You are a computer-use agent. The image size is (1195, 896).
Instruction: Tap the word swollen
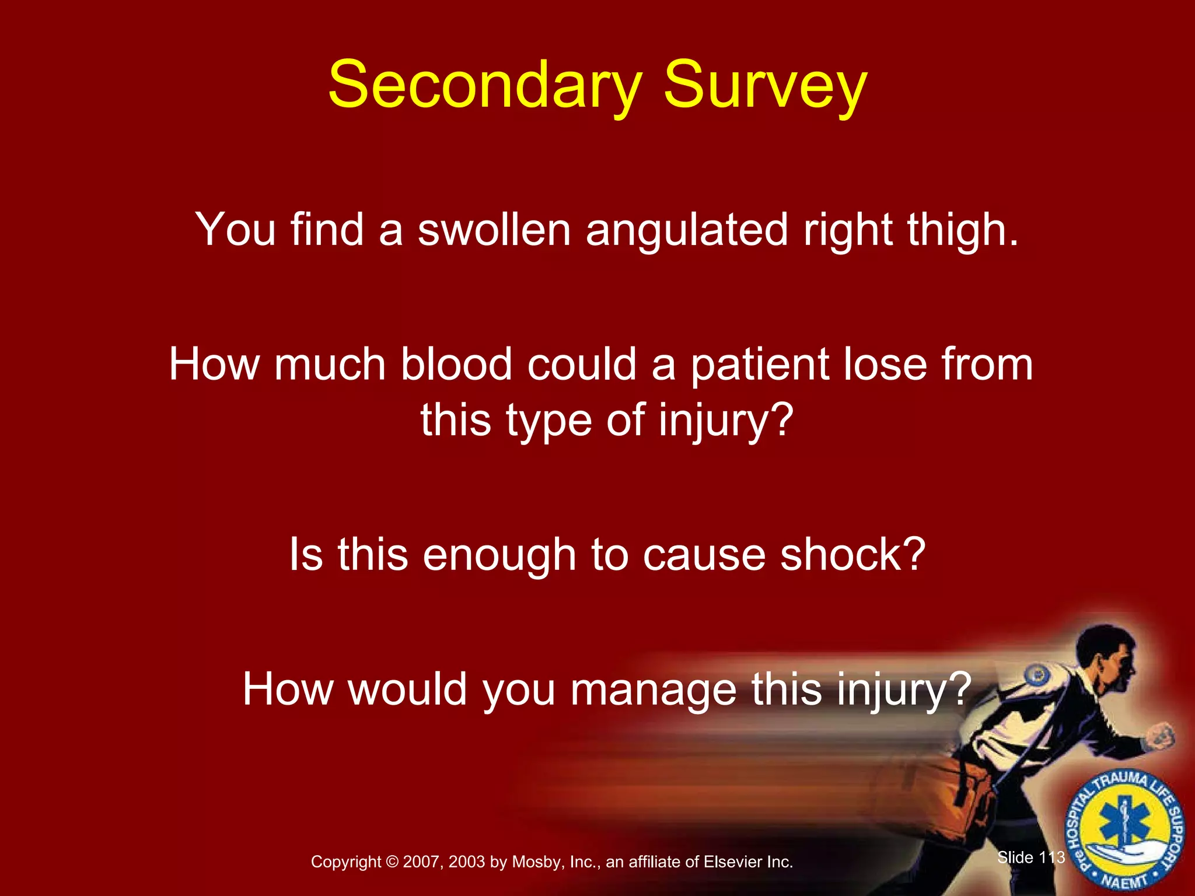(x=494, y=229)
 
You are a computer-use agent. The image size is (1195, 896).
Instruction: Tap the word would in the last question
(x=408, y=689)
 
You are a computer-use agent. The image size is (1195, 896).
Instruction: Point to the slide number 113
(x=1052, y=857)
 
